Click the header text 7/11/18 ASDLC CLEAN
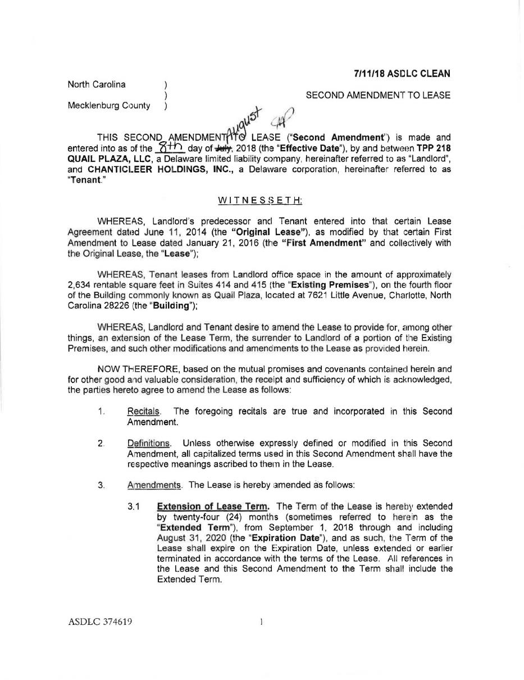[402, 74]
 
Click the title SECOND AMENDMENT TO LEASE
[377, 96]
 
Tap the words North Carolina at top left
[97, 84]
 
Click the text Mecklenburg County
[109, 105]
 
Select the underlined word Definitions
[149, 443]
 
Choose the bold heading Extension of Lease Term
[213, 506]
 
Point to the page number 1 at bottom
[262, 622]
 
